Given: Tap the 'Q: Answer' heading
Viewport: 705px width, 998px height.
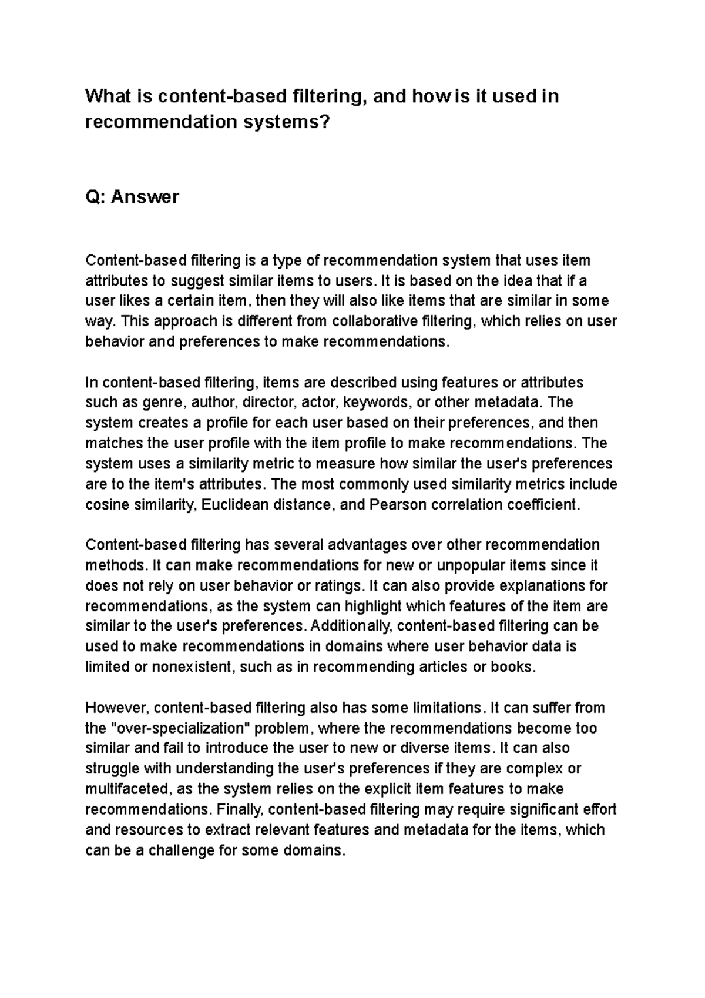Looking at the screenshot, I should (x=132, y=197).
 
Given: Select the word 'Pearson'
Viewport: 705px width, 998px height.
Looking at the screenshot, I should (x=395, y=505).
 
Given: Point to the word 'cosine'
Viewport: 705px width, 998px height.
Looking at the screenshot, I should (x=106, y=505).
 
